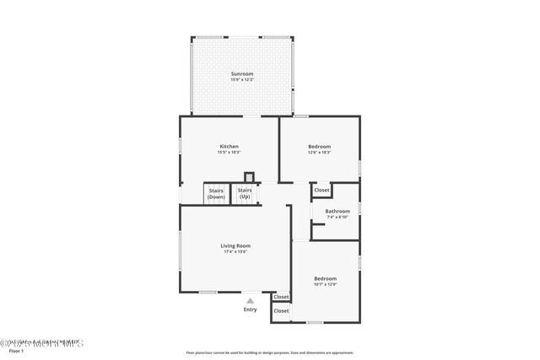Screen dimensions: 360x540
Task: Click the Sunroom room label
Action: point(242,73)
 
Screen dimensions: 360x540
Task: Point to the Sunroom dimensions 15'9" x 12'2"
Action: point(242,79)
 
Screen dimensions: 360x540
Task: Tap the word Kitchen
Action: point(229,146)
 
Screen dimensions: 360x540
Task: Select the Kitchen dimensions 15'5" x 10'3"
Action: point(229,153)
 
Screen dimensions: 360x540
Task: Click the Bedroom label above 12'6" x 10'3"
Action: point(319,146)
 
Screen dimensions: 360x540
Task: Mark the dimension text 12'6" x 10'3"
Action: point(319,153)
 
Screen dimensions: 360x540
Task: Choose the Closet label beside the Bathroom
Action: point(321,191)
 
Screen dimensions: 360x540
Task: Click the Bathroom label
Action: point(337,211)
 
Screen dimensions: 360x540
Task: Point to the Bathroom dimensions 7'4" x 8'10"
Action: point(337,217)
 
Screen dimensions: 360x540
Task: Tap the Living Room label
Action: point(236,245)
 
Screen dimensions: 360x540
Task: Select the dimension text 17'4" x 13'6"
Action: point(236,251)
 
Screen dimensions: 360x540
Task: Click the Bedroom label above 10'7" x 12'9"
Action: point(325,278)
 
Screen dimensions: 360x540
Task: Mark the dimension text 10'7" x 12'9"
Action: point(325,284)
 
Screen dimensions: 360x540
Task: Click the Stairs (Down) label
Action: point(216,194)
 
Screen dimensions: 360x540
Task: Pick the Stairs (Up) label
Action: point(245,194)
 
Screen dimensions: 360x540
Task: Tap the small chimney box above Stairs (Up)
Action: point(249,177)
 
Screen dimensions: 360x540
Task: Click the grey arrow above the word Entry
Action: point(250,301)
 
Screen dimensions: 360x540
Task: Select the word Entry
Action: point(250,309)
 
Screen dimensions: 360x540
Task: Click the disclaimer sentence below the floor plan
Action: point(269,352)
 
